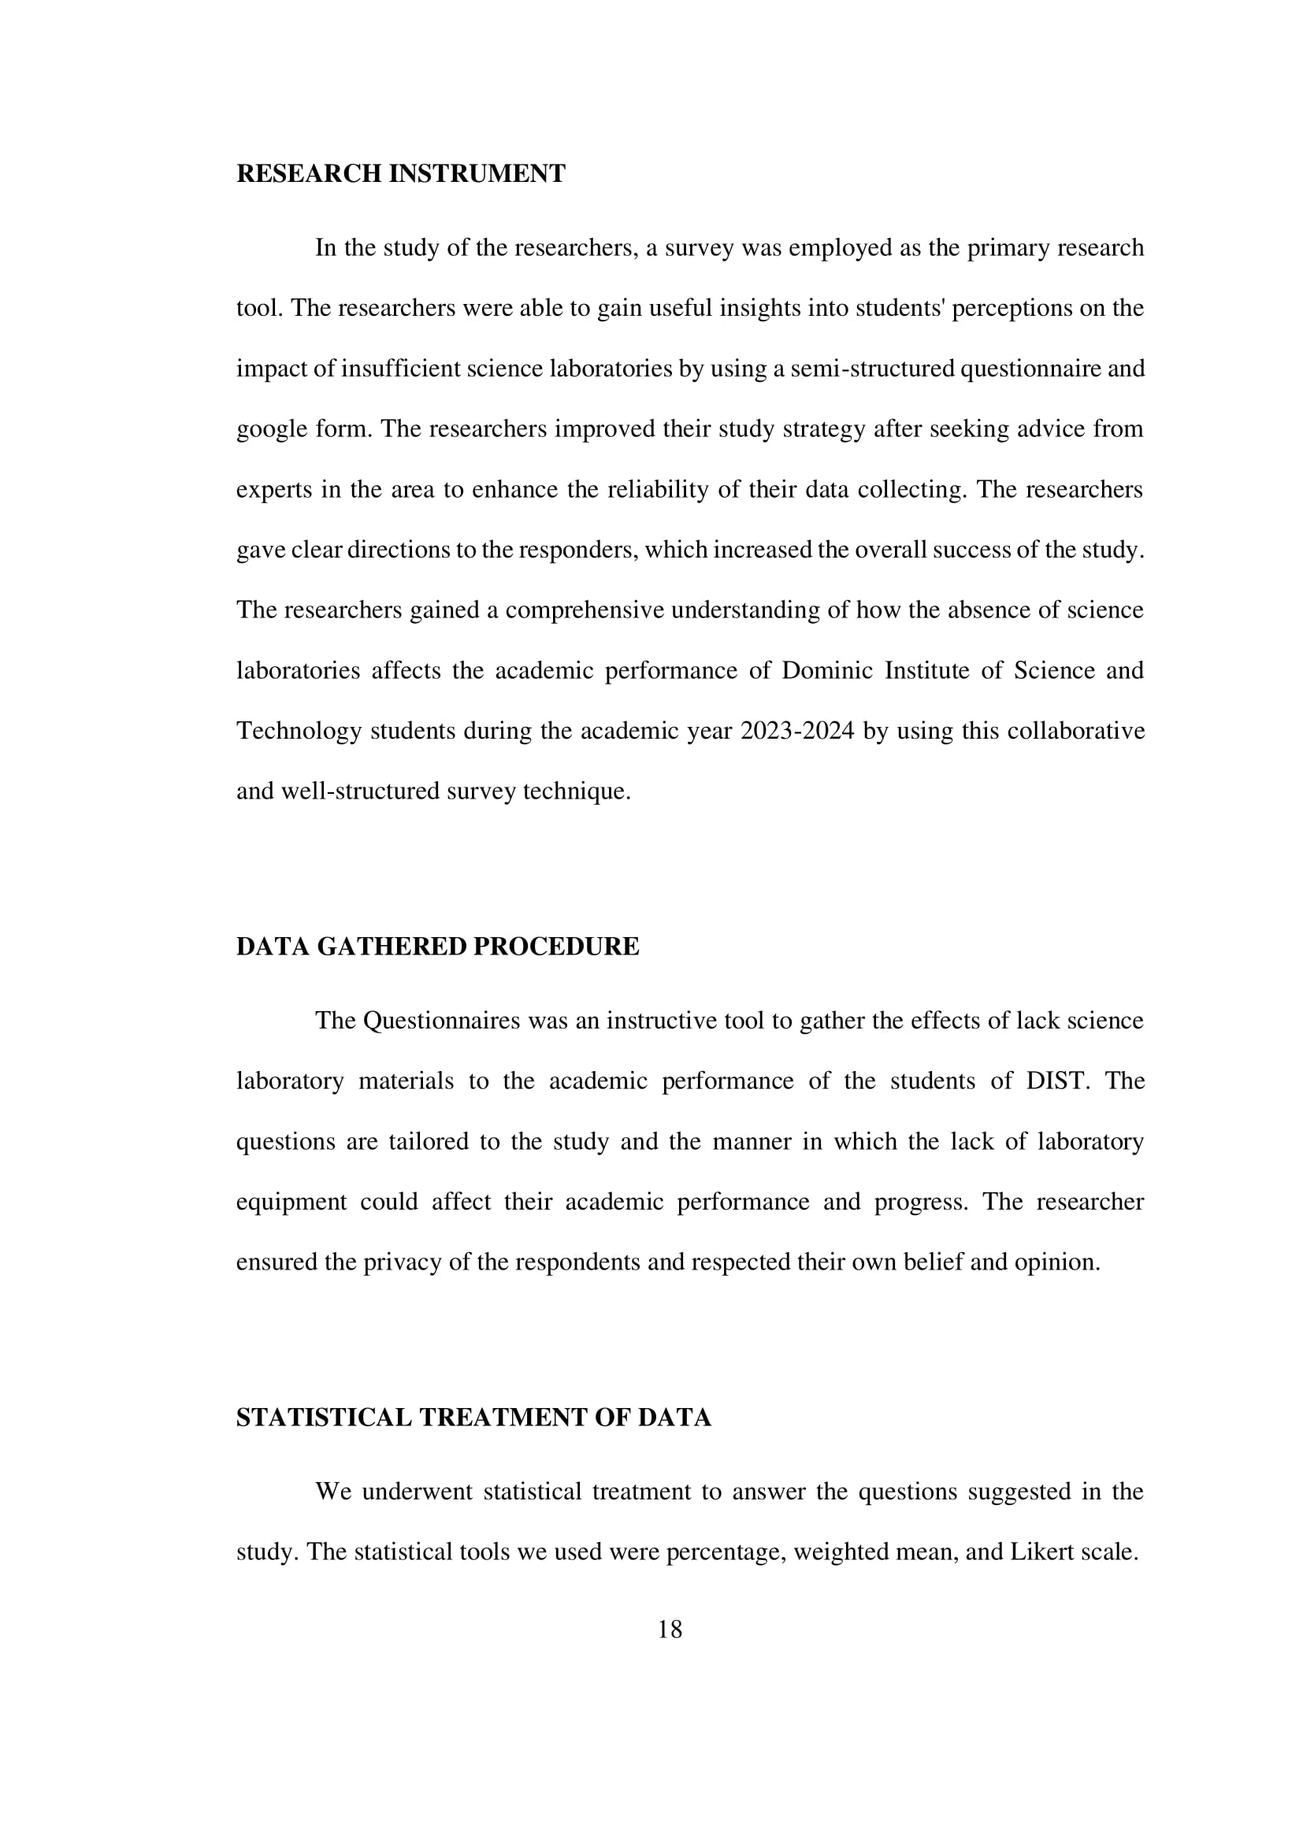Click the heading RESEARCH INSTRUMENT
[400, 174]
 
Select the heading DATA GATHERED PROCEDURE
[437, 947]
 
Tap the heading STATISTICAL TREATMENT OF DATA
[473, 1418]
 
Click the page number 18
[669, 1629]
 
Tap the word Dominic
[826, 671]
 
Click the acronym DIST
[1057, 1080]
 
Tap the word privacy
[402, 1262]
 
